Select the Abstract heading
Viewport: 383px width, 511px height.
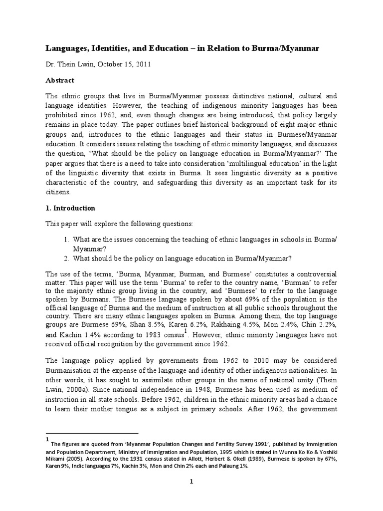60,80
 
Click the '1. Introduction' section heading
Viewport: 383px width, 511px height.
70,208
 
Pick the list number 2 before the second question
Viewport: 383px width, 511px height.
65,258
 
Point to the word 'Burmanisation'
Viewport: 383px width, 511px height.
69,371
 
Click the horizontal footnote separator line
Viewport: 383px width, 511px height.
92,433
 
